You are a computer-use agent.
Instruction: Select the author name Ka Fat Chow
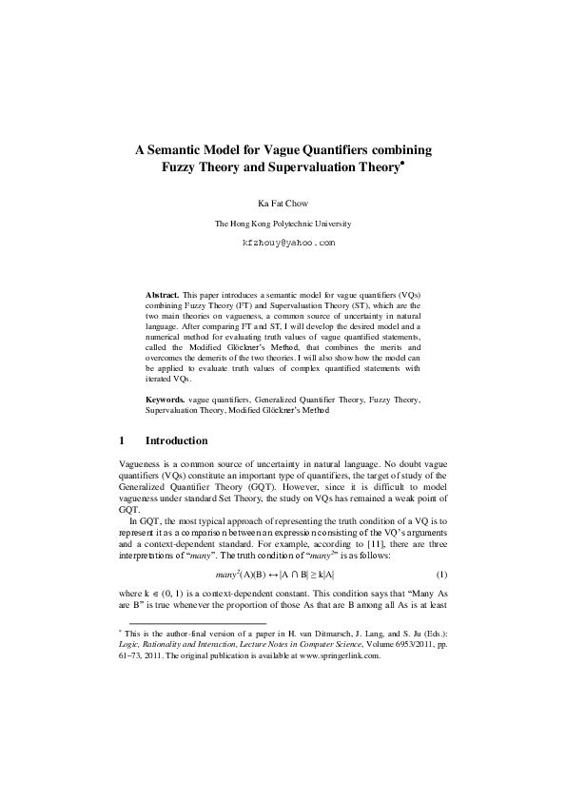pos(283,203)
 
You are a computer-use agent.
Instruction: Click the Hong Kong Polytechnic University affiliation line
pos(283,224)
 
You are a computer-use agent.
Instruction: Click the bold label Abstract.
pos(162,296)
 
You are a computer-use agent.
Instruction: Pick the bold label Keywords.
pos(165,401)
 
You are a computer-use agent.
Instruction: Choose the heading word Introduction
pos(176,441)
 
